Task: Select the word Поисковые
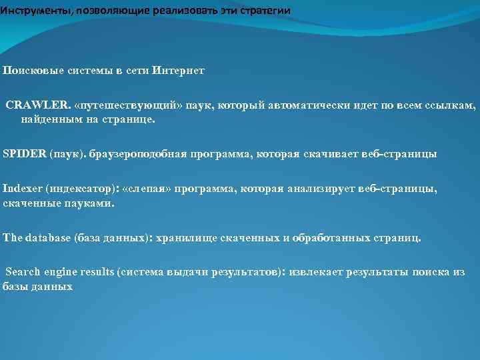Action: (x=29, y=70)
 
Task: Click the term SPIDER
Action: (x=24, y=154)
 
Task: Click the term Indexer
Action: (x=22, y=190)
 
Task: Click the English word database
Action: (x=45, y=238)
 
